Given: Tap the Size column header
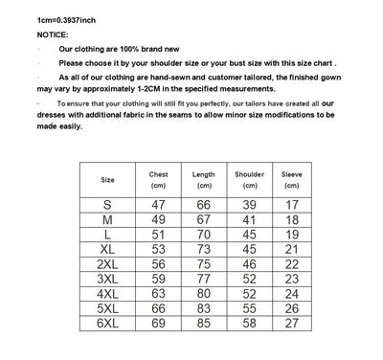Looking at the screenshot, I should (107, 180).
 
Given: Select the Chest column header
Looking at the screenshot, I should (158, 180).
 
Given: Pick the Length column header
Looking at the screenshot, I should (204, 180).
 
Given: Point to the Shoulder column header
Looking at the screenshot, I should (250, 180).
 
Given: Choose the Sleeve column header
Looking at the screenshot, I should (292, 180).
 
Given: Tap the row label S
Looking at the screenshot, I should (107, 205).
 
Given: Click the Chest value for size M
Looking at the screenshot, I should (158, 219).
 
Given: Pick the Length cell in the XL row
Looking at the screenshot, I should (204, 249).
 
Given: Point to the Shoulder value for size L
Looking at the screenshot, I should (250, 235).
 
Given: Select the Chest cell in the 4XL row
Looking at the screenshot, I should (158, 294).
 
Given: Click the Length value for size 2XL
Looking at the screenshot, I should (204, 264).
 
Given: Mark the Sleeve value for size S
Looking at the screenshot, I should (292, 205).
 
